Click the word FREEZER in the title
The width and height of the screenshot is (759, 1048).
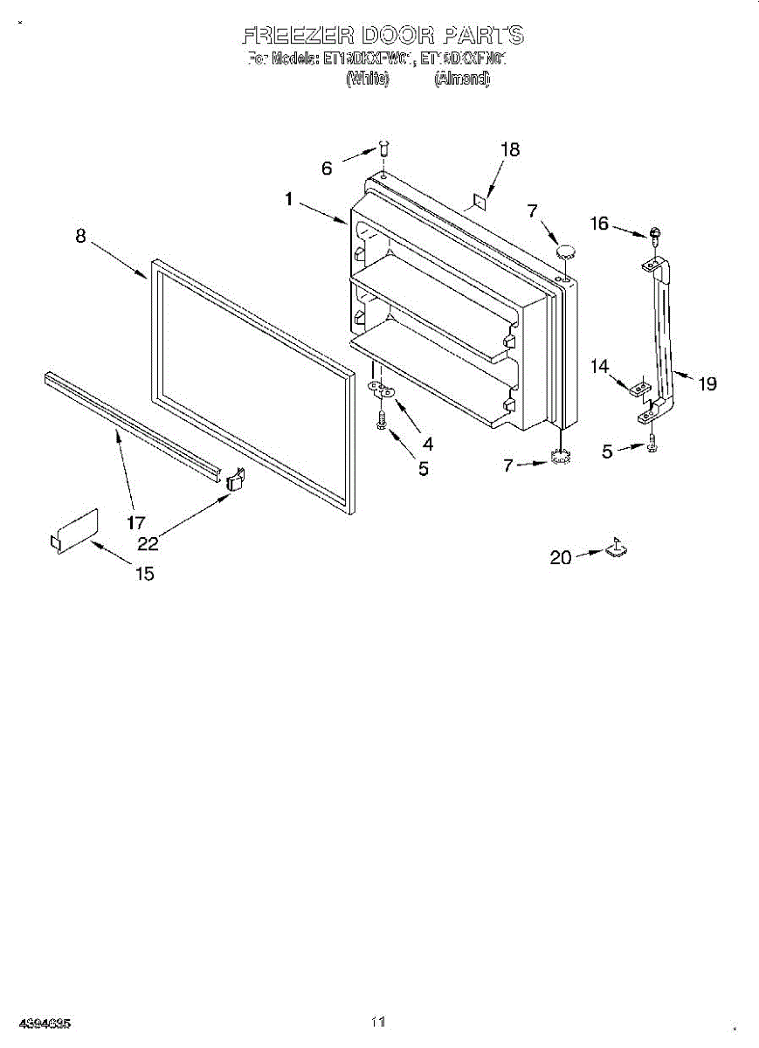297,36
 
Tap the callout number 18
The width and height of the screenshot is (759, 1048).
509,149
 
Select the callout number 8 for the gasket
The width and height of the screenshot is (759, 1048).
80,236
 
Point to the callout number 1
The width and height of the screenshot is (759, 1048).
288,199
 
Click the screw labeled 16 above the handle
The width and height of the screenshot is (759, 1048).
653,233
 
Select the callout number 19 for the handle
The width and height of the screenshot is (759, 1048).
707,383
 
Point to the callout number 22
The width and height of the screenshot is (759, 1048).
148,543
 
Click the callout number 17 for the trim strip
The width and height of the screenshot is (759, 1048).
135,523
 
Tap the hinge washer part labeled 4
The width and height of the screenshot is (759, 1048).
382,390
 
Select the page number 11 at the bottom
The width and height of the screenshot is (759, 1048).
377,1021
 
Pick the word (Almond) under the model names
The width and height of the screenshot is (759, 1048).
462,79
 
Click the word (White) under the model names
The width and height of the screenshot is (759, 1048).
367,79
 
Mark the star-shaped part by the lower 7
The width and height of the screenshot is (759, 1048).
560,454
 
